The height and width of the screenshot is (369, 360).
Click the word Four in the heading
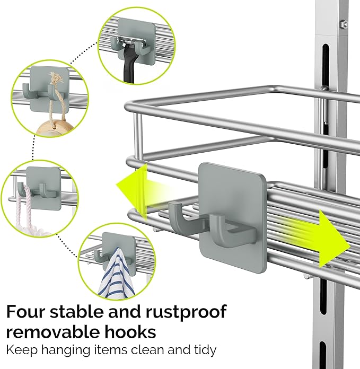[x=29, y=312]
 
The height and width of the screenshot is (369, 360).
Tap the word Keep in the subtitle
[x=19, y=350]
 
